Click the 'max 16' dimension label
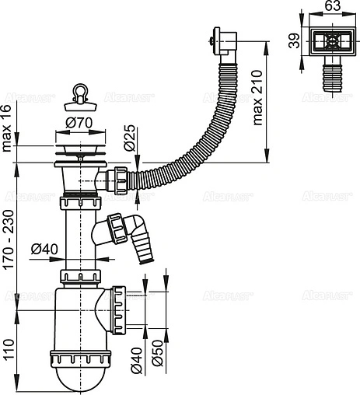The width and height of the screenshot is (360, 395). (7, 131)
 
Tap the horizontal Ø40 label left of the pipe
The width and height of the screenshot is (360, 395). (44, 249)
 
